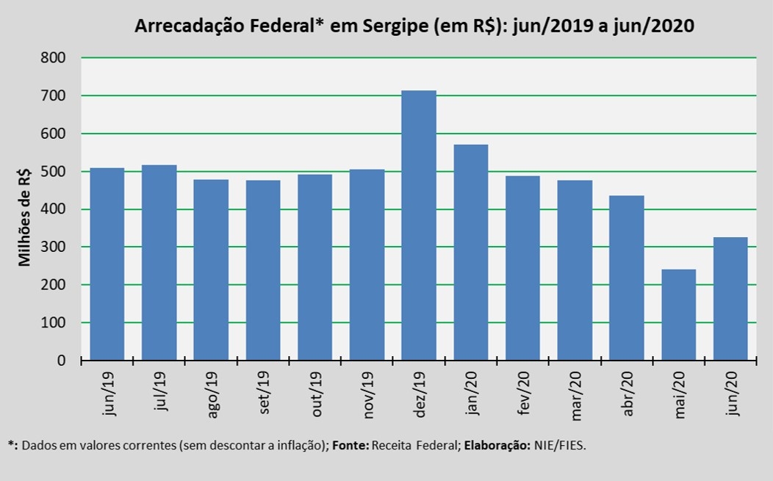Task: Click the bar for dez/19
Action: pyautogui.click(x=419, y=225)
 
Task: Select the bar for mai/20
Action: pyautogui.click(x=679, y=315)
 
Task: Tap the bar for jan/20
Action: pyautogui.click(x=471, y=253)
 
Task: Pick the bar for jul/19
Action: pyautogui.click(x=159, y=263)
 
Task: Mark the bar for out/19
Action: pyautogui.click(x=314, y=267)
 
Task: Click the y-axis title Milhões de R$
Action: pyautogui.click(x=25, y=216)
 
